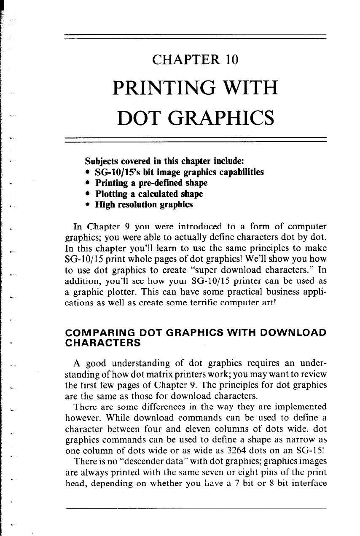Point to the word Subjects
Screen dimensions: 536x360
(x=102, y=162)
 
